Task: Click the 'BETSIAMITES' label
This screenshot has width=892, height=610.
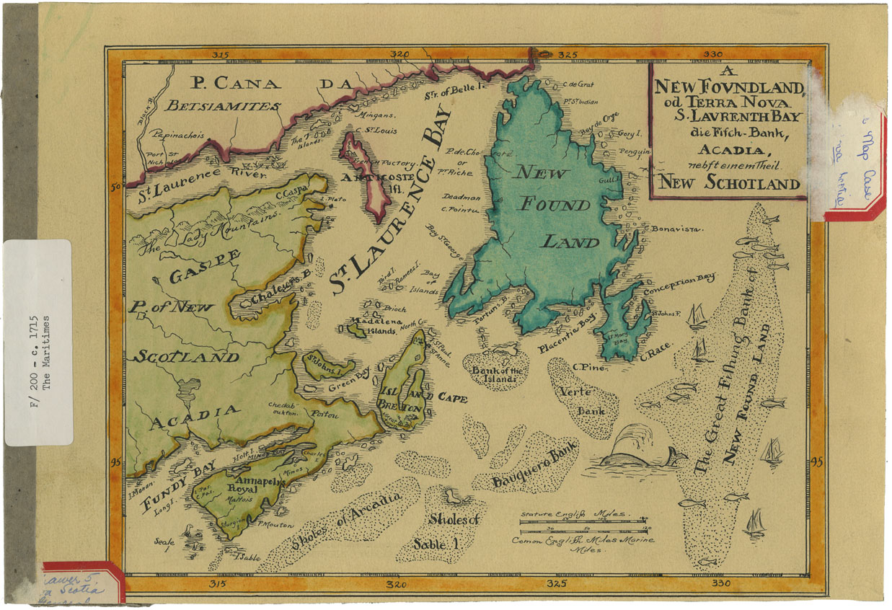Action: click(x=223, y=106)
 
